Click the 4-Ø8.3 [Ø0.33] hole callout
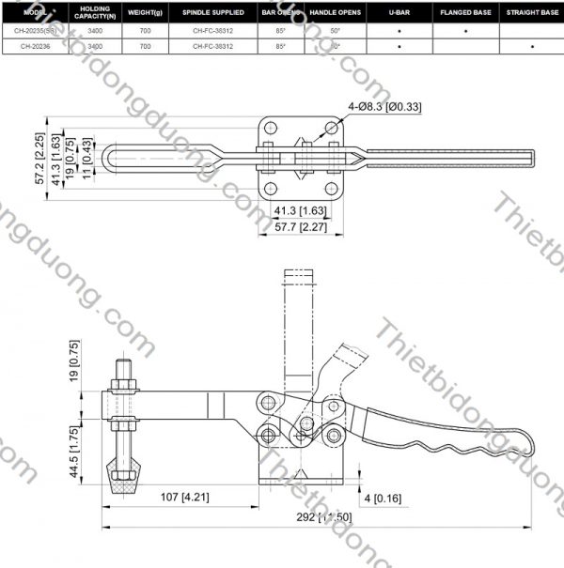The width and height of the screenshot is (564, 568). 384,107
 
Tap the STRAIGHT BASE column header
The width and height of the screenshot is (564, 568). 532,12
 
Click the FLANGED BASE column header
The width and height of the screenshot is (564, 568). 466,12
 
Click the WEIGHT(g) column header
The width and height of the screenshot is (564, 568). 146,12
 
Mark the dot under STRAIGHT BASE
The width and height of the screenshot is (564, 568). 532,45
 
